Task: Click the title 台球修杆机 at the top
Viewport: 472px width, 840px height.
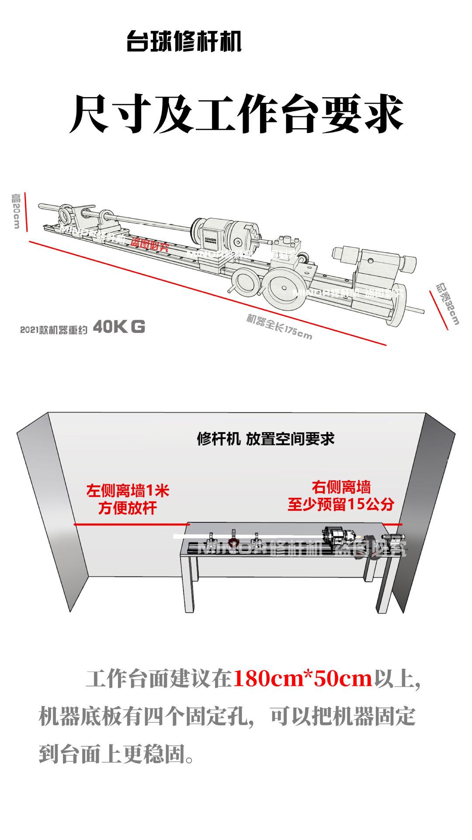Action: [184, 42]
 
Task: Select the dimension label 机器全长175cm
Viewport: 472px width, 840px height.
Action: [279, 326]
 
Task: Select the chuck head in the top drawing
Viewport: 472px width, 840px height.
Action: [236, 237]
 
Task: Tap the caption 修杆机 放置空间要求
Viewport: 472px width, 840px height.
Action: [266, 438]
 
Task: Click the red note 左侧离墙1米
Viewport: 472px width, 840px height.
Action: [128, 490]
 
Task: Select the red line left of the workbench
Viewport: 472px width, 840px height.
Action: [131, 524]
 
